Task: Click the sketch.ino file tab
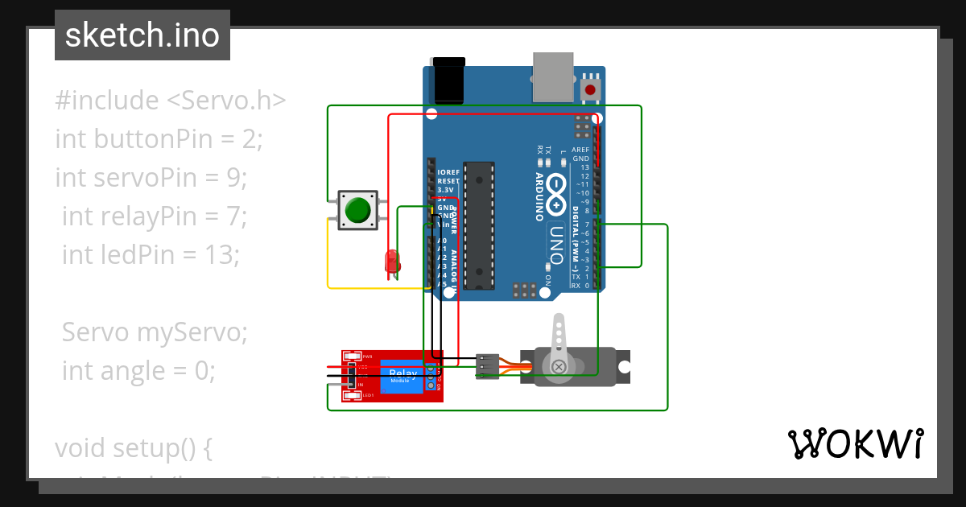pos(142,35)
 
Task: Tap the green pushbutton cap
pos(357,211)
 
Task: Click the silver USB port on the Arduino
pos(555,78)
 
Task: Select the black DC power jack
pos(448,80)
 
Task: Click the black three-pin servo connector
pos(488,366)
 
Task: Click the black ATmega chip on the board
pos(479,225)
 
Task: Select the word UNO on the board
pos(556,241)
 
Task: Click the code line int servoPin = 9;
pos(151,177)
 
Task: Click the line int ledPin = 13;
pos(151,254)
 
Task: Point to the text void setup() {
pos(134,447)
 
